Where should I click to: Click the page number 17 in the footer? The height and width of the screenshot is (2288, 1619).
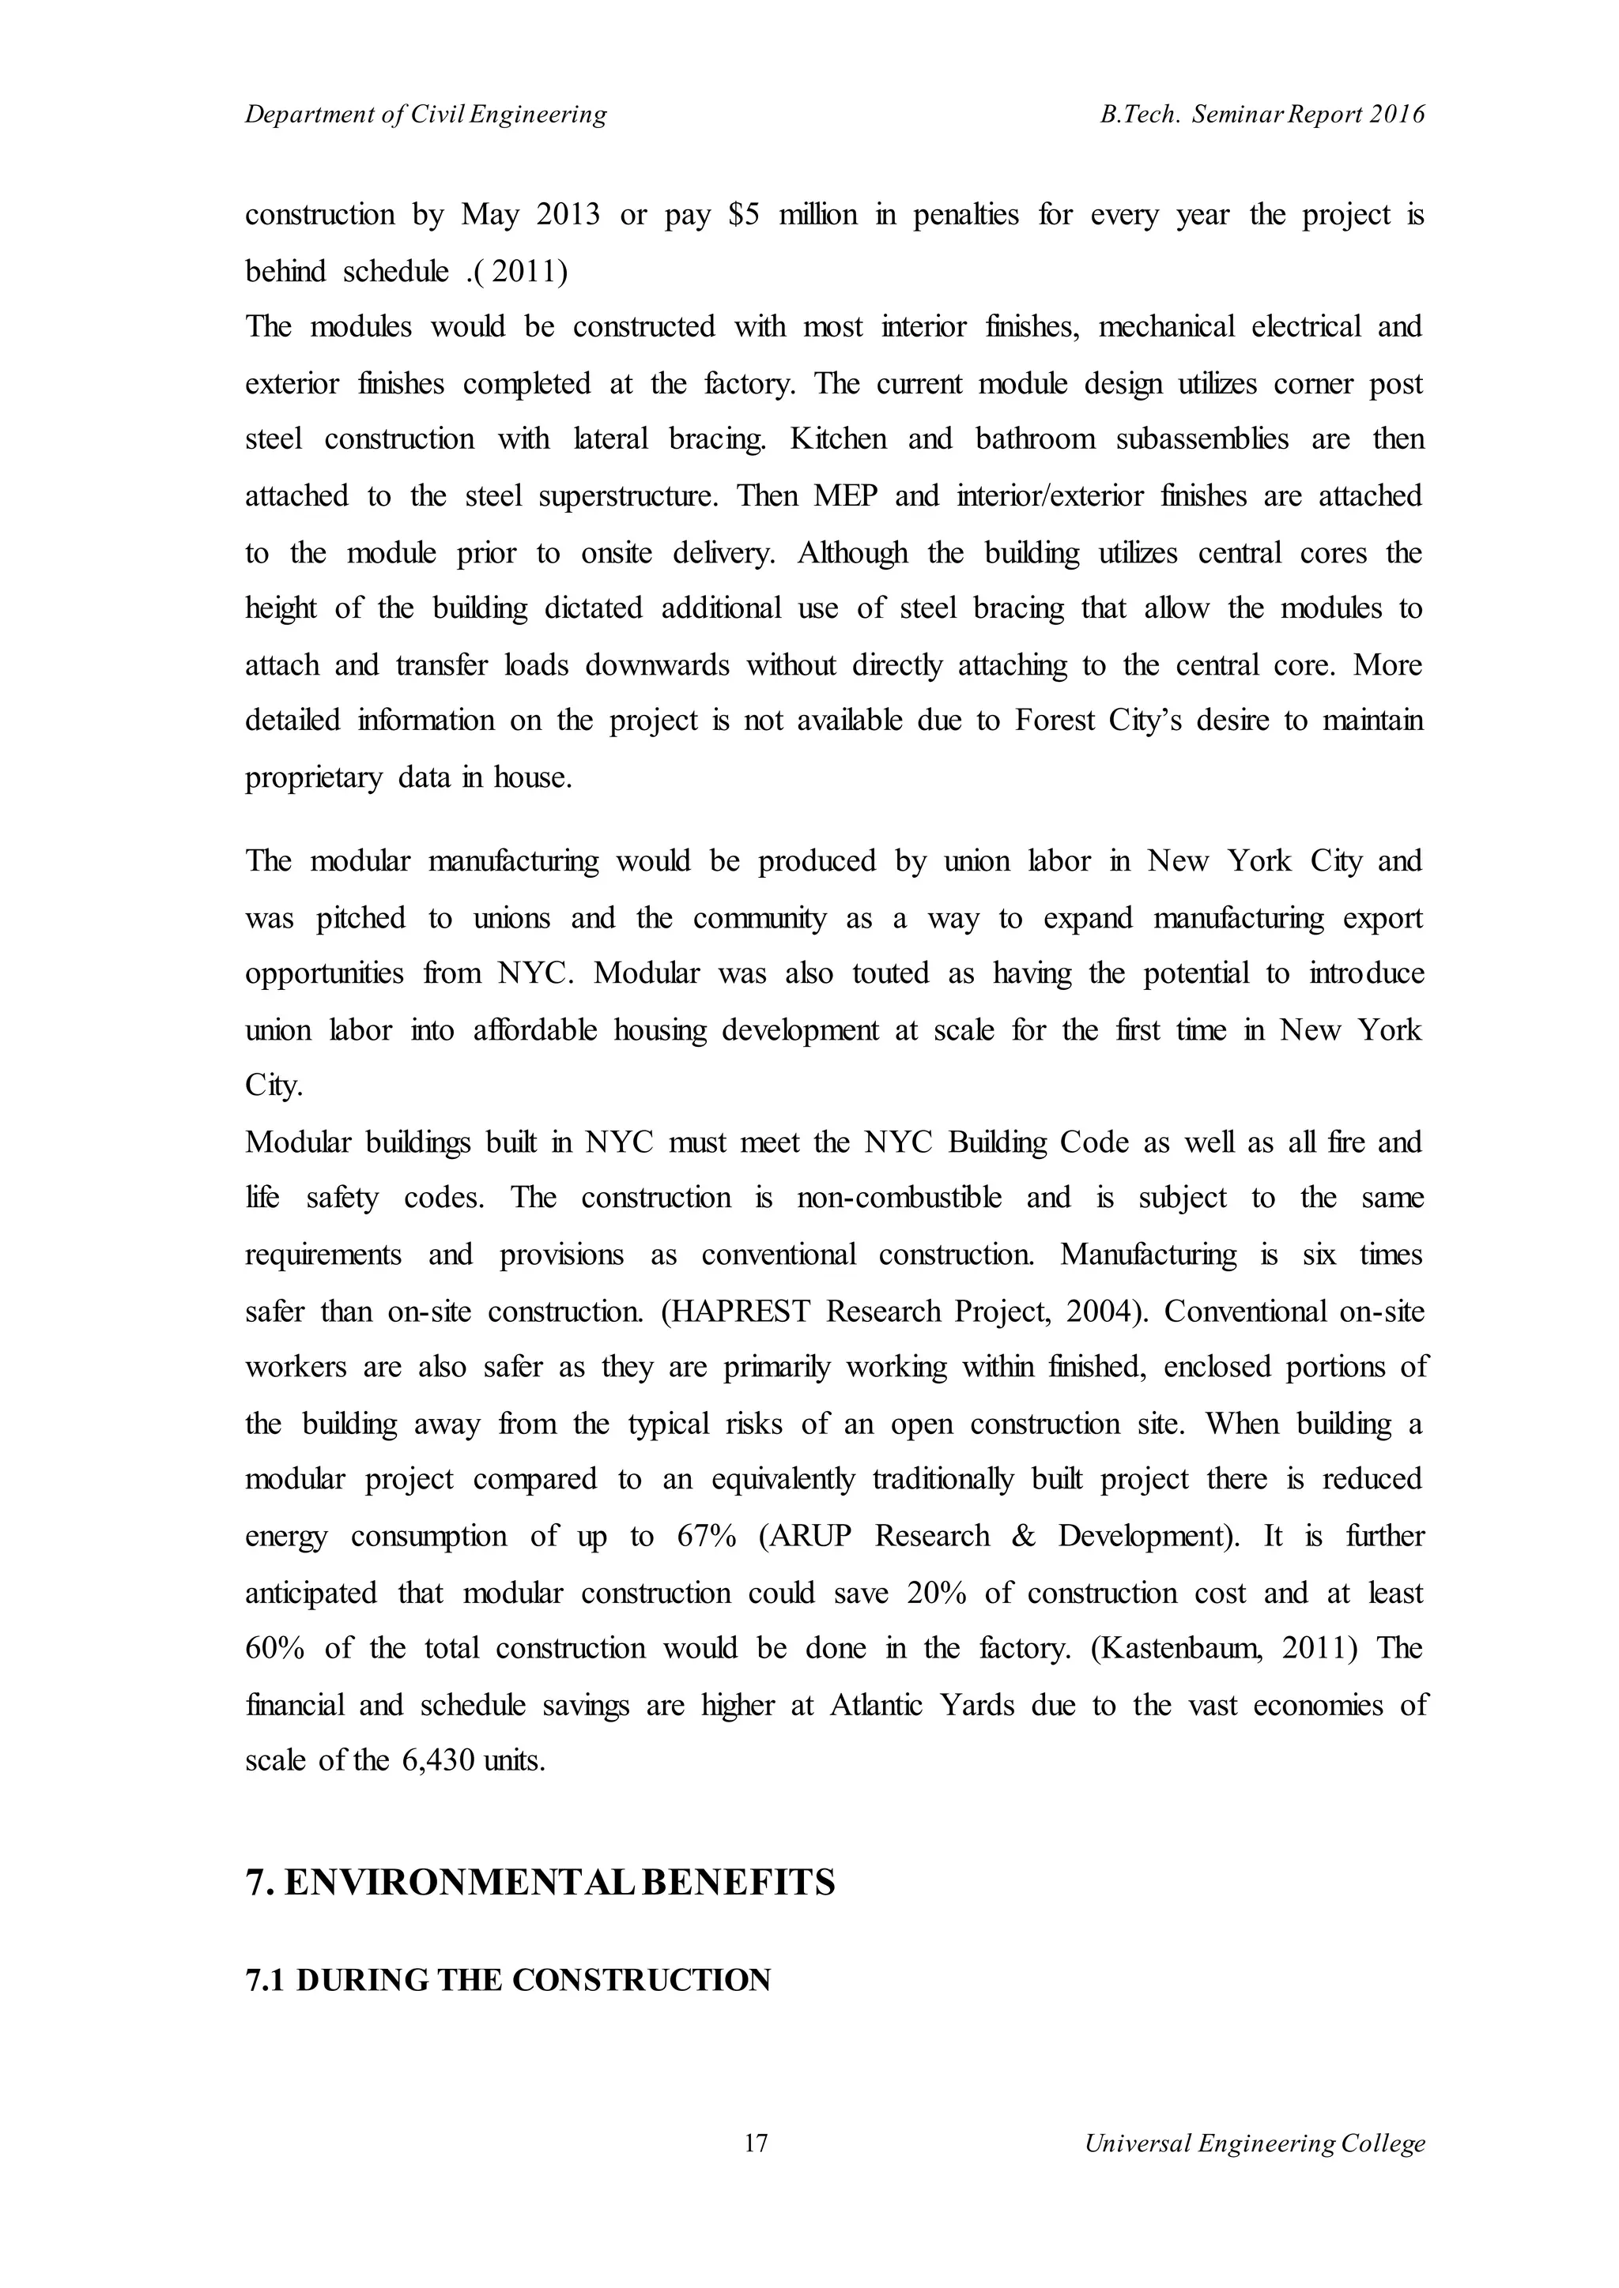pyautogui.click(x=757, y=2143)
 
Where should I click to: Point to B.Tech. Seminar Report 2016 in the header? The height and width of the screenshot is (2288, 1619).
pyautogui.click(x=1263, y=115)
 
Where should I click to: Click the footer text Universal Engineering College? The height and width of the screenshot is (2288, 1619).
pyautogui.click(x=1255, y=2143)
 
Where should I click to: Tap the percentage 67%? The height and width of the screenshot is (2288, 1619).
pyautogui.click(x=707, y=1536)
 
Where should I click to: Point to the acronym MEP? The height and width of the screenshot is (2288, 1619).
pyautogui.click(x=844, y=496)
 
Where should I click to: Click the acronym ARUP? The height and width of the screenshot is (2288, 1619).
pyautogui.click(x=813, y=1536)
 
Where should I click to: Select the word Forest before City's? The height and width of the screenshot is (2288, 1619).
pyautogui.click(x=1053, y=721)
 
